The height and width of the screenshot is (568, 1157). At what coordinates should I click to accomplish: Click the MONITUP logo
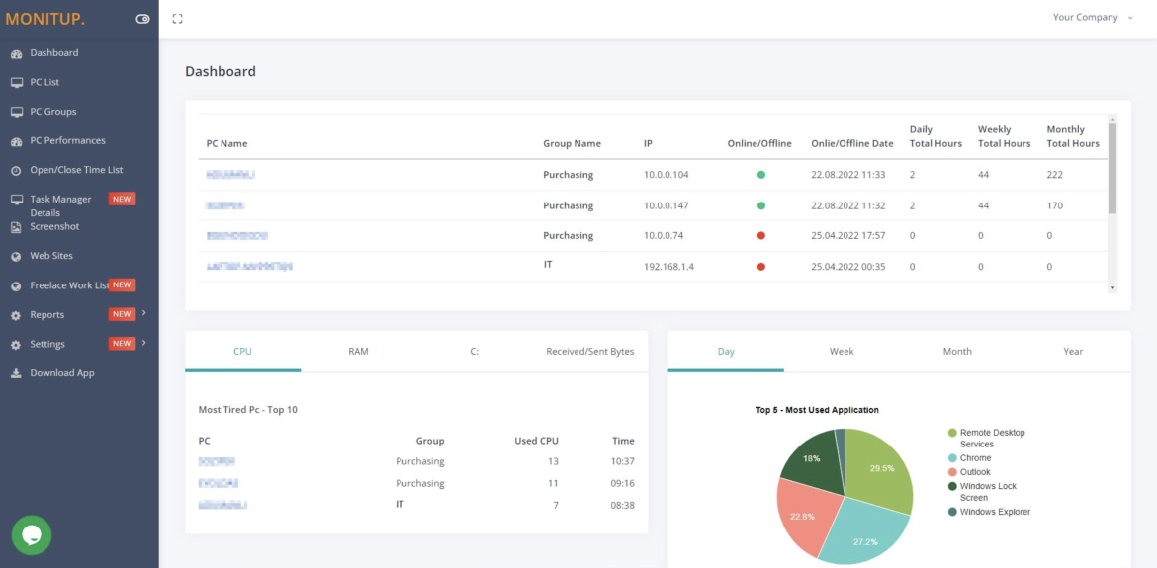click(x=45, y=18)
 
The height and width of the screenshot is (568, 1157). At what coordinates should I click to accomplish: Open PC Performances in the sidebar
click(x=67, y=140)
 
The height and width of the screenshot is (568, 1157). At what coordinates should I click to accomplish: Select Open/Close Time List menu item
click(x=76, y=170)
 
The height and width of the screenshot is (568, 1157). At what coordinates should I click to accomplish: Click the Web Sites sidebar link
click(x=50, y=256)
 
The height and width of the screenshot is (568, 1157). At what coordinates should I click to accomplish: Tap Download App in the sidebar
click(x=63, y=373)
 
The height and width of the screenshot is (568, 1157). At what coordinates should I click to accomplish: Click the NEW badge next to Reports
click(x=122, y=314)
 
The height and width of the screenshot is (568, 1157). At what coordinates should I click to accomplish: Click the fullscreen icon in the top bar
click(x=177, y=19)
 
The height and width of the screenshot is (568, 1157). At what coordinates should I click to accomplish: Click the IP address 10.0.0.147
click(x=666, y=205)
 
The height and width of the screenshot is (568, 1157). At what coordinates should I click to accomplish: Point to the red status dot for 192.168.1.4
click(x=761, y=267)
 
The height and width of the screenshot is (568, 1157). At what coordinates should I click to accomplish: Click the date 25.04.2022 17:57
click(x=847, y=236)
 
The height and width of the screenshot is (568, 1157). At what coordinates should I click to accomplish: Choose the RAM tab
click(x=358, y=351)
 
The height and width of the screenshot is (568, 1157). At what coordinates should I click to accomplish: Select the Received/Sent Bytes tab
click(x=589, y=351)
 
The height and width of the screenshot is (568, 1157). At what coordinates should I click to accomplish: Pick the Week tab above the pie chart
click(x=842, y=351)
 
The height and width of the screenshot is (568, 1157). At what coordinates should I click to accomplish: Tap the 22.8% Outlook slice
click(x=803, y=516)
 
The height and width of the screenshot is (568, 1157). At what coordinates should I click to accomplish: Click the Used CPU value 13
click(x=553, y=461)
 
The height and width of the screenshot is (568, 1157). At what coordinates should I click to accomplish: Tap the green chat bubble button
click(x=32, y=534)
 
